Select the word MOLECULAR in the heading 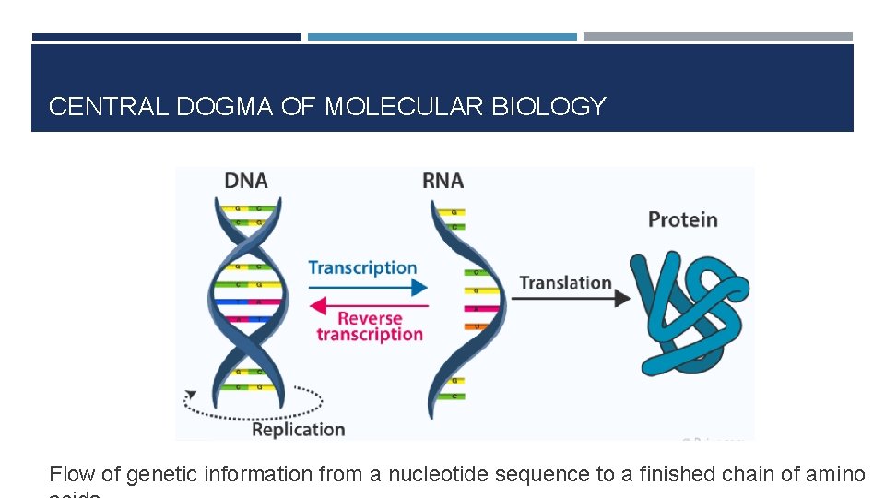click(404, 107)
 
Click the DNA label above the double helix click(246, 180)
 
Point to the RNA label click(442, 180)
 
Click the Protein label click(682, 219)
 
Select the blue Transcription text click(362, 268)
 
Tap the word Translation click(565, 282)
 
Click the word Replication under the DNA click(298, 430)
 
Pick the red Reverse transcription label click(369, 326)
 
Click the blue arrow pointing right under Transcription click(369, 288)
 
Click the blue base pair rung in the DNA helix click(247, 301)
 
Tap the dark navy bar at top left click(166, 37)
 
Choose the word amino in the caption click(835, 474)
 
